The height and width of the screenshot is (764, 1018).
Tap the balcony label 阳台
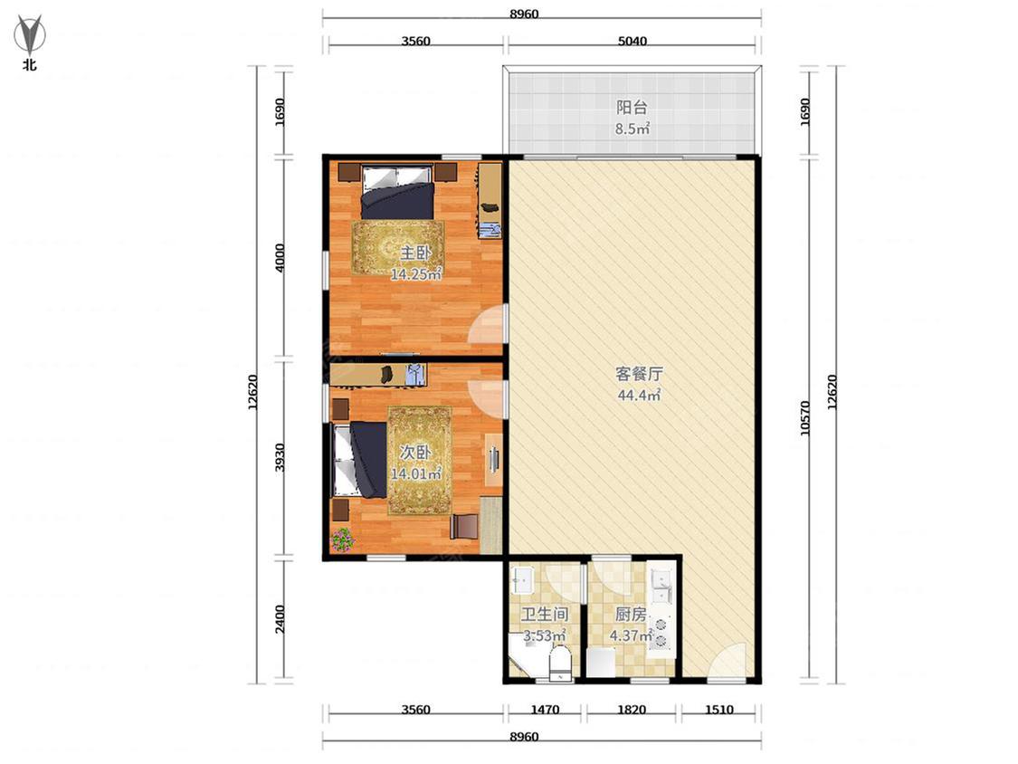point(632,107)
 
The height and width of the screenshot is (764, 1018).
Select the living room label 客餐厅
point(639,374)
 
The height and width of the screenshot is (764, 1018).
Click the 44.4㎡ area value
point(639,395)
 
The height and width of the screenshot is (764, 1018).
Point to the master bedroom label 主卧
point(415,253)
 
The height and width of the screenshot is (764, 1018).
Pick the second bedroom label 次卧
point(415,453)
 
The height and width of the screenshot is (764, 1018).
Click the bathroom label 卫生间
point(545,615)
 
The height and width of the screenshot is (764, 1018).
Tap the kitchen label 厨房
point(631,615)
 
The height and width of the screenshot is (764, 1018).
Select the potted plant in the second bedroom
point(342,540)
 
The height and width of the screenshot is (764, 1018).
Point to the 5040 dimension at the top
point(632,41)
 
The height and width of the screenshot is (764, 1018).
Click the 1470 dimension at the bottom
point(545,710)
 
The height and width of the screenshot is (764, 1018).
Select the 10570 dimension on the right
point(805,418)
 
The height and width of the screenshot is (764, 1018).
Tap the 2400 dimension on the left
point(280,619)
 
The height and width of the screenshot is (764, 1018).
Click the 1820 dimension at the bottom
point(631,710)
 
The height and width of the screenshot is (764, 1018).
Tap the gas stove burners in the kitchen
point(661,633)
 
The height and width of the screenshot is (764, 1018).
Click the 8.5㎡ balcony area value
point(633,129)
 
